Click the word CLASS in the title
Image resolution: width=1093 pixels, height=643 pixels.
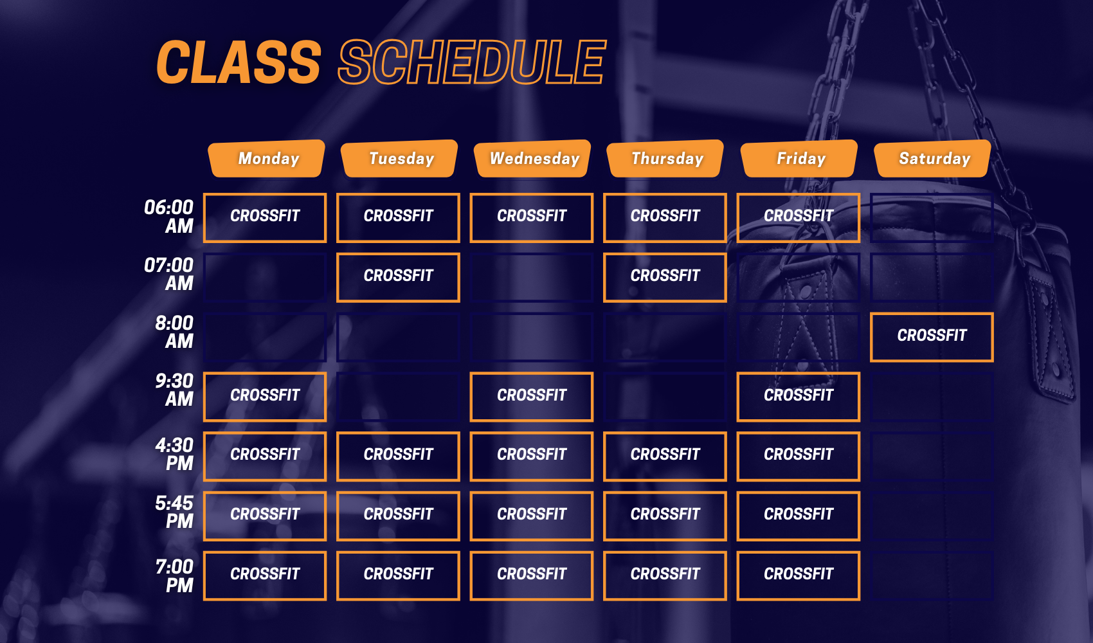[239, 62]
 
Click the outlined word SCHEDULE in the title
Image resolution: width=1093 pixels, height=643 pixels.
[472, 62]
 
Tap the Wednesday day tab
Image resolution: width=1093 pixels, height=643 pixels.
[533, 159]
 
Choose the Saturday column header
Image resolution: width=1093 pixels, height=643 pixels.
[933, 159]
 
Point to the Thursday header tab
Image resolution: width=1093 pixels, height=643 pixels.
[665, 159]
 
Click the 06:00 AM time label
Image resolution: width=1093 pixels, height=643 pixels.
[169, 217]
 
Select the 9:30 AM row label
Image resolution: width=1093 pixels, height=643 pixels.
[174, 390]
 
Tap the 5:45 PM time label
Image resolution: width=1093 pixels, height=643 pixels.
[174, 512]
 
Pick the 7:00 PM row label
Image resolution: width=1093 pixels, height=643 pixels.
[174, 575]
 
